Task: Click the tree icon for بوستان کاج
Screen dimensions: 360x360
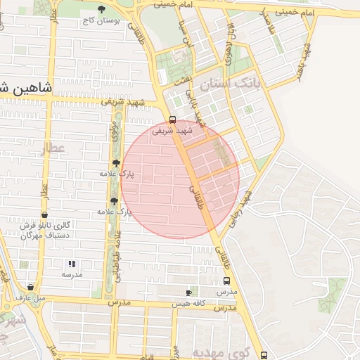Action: point(103,10)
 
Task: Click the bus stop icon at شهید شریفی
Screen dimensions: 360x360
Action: point(172,119)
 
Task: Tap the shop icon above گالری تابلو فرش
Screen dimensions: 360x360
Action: point(45,215)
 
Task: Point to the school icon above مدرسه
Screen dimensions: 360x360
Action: point(71,264)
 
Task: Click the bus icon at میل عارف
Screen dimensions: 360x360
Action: point(30,287)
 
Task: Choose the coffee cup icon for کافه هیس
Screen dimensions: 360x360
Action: point(189,292)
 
